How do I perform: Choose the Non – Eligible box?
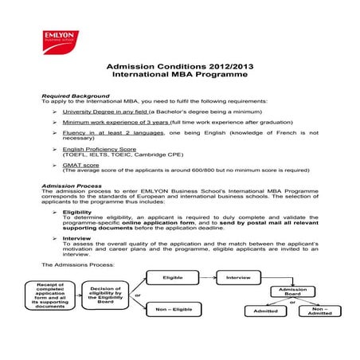(174, 310)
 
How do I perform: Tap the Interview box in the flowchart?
(238, 277)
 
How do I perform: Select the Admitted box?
(265, 311)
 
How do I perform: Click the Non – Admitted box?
(319, 311)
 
